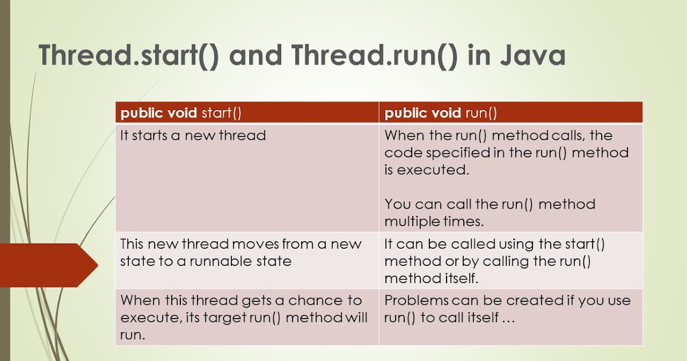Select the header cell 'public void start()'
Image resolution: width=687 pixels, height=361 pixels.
[181, 113]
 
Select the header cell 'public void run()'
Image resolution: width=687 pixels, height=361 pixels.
[440, 113]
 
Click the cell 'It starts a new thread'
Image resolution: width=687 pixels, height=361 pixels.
[193, 136]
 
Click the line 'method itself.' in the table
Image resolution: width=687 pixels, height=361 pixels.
[431, 278]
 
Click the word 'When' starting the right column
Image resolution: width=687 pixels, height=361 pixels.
[404, 136]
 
